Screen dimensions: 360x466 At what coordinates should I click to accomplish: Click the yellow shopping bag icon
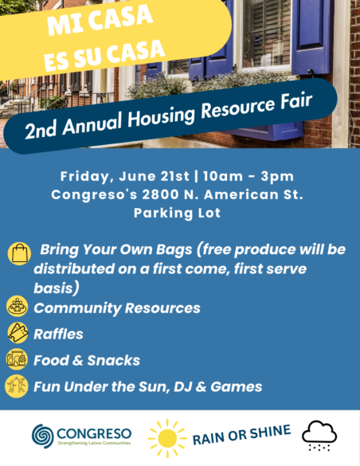click(19, 253)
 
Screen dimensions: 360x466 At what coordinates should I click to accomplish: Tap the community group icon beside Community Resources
click(18, 306)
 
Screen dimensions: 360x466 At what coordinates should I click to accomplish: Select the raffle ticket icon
click(18, 332)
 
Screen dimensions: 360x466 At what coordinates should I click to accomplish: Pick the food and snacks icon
click(17, 359)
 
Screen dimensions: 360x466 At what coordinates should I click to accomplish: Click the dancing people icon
click(17, 386)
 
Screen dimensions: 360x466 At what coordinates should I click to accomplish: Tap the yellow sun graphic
click(167, 438)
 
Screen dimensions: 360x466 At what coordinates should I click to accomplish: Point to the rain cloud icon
click(319, 436)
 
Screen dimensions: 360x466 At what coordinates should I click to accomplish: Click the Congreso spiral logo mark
click(43, 436)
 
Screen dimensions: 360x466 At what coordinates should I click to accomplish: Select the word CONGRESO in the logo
click(94, 433)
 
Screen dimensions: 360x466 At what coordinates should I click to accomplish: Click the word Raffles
click(58, 334)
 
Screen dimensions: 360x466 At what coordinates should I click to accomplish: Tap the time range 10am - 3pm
click(248, 176)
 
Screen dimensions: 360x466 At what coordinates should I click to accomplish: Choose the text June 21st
click(155, 176)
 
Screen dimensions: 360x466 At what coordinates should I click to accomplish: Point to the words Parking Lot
click(178, 213)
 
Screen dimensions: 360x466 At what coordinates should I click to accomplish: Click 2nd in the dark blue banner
click(41, 129)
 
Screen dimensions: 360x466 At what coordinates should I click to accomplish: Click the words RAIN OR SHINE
click(242, 434)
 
